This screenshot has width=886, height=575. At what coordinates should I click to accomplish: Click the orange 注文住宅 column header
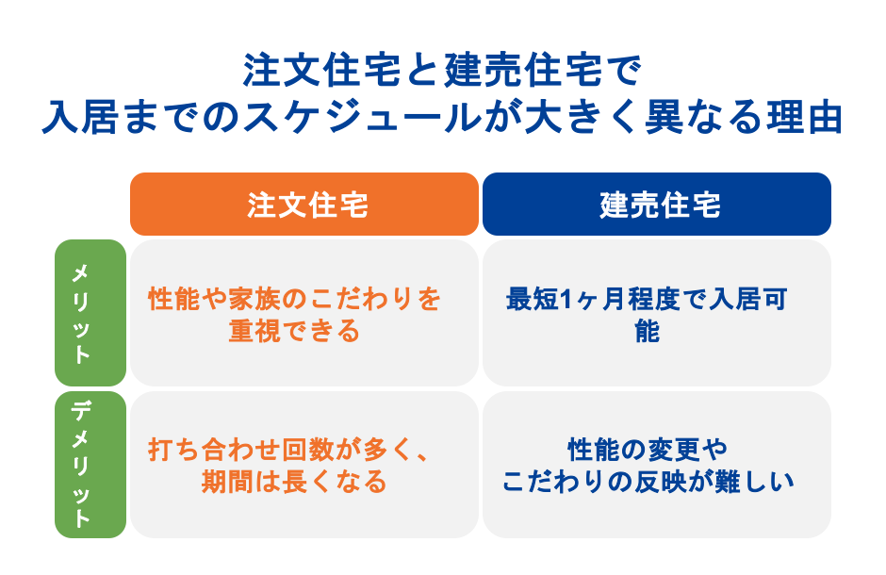[x=304, y=204]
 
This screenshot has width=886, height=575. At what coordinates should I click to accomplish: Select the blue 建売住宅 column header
[x=657, y=204]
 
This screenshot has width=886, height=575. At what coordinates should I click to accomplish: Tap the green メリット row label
[x=90, y=312]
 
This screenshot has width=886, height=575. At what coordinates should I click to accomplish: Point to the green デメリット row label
[x=90, y=464]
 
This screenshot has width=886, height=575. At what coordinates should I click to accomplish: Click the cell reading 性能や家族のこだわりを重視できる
[x=304, y=313]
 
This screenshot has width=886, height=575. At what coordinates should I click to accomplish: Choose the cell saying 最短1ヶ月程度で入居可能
[x=657, y=313]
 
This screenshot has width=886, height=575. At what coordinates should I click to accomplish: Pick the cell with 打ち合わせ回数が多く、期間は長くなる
[x=304, y=465]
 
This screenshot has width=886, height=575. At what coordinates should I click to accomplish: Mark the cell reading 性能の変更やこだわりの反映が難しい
[x=657, y=465]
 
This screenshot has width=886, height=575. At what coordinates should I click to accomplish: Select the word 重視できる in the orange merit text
[x=294, y=331]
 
